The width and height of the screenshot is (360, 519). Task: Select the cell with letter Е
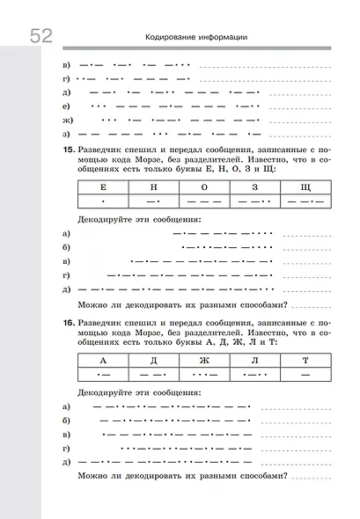coord(104,188)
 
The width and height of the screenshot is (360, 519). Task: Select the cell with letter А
coord(104,362)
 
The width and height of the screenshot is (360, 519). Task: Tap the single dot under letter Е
coord(104,202)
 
